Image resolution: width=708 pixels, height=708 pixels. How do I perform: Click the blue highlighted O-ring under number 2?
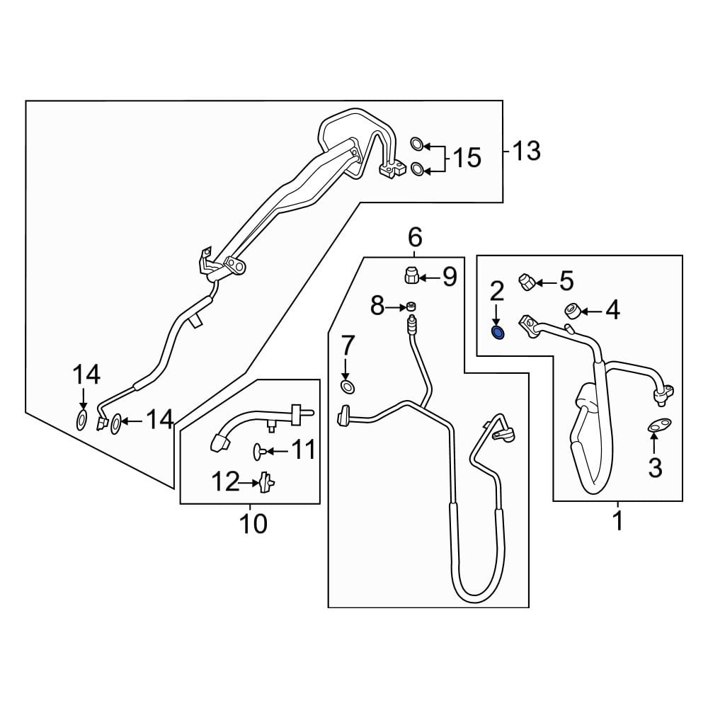click(498, 332)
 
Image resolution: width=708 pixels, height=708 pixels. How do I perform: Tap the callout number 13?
click(525, 150)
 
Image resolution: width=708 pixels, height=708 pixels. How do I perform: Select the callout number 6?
click(415, 236)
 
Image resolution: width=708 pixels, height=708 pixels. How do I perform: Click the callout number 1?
click(617, 521)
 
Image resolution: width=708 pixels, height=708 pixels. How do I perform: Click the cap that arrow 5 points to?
click(526, 281)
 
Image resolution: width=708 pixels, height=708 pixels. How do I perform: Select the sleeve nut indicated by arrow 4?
click(572, 310)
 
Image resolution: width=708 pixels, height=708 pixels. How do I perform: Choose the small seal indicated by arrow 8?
click(409, 307)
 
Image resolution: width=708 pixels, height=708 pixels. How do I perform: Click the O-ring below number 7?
click(347, 386)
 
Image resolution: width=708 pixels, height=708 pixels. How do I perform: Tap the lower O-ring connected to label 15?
click(418, 169)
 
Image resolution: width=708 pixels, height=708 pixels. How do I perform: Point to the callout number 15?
click(467, 157)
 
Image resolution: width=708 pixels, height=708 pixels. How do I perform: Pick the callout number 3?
click(655, 467)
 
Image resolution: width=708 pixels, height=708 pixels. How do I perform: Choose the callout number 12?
click(227, 482)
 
